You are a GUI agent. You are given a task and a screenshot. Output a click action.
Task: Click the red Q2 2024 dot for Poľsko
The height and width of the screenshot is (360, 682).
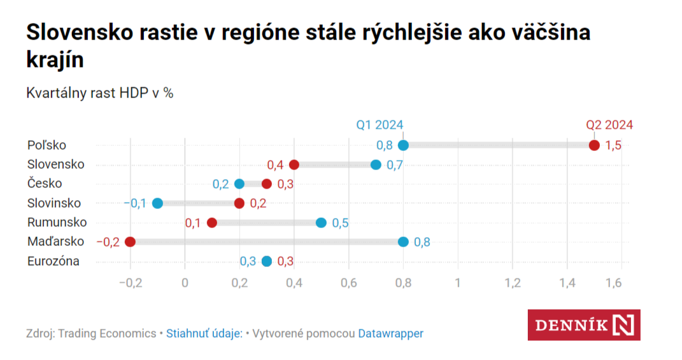(594, 145)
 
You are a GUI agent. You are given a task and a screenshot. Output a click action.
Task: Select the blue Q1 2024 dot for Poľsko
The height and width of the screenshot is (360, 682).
(403, 145)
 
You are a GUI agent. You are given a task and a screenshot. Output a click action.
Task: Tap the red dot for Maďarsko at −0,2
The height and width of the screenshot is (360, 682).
(131, 242)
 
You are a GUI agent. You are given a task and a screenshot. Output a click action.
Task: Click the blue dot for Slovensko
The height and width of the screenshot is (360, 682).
(376, 165)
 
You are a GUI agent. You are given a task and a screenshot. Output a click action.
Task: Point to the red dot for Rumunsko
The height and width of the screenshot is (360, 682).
(212, 223)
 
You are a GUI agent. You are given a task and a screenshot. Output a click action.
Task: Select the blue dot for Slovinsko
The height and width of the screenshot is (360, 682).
(158, 203)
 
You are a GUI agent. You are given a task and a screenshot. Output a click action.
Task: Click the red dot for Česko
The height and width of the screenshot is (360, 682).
(267, 184)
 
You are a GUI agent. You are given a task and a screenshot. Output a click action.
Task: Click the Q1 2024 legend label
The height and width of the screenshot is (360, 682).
(380, 125)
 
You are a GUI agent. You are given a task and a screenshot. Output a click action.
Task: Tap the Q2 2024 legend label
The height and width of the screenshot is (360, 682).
(609, 125)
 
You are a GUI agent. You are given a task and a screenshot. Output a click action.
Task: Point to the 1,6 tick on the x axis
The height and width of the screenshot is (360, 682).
(613, 282)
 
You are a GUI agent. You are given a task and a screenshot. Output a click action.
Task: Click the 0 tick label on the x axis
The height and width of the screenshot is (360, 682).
(185, 282)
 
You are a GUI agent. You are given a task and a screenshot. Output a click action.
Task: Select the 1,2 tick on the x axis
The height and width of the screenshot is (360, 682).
(512, 282)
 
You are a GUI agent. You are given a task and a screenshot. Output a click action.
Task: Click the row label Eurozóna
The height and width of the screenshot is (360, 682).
(53, 261)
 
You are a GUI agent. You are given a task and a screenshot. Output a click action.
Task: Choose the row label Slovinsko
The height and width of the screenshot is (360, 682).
(54, 203)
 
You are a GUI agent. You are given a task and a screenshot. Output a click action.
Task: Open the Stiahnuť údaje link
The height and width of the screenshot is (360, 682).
(204, 333)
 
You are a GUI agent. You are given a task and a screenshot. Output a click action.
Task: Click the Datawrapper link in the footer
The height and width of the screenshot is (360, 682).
(390, 333)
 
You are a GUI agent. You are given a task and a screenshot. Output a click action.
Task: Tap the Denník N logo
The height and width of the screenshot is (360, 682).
(584, 325)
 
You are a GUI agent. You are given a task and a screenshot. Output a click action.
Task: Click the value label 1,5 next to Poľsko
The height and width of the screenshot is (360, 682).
(613, 145)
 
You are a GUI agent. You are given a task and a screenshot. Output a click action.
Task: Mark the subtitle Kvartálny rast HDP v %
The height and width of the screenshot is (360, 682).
(100, 92)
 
